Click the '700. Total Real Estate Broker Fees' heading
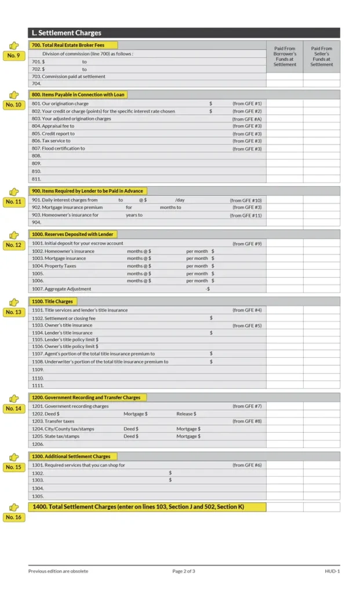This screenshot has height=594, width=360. (x=73, y=45)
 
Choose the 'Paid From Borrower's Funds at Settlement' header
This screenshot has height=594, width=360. (x=285, y=56)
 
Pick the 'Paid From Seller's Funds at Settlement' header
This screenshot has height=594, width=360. (x=321, y=56)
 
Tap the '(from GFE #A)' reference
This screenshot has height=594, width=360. (x=247, y=118)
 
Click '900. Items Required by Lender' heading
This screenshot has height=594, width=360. (x=87, y=191)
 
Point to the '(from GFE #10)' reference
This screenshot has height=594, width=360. (x=246, y=200)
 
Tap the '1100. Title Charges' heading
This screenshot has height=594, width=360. (x=52, y=302)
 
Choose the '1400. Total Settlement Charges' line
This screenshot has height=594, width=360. (x=138, y=507)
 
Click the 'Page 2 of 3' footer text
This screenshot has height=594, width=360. (x=184, y=571)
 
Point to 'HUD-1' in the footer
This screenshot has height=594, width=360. (x=332, y=571)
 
